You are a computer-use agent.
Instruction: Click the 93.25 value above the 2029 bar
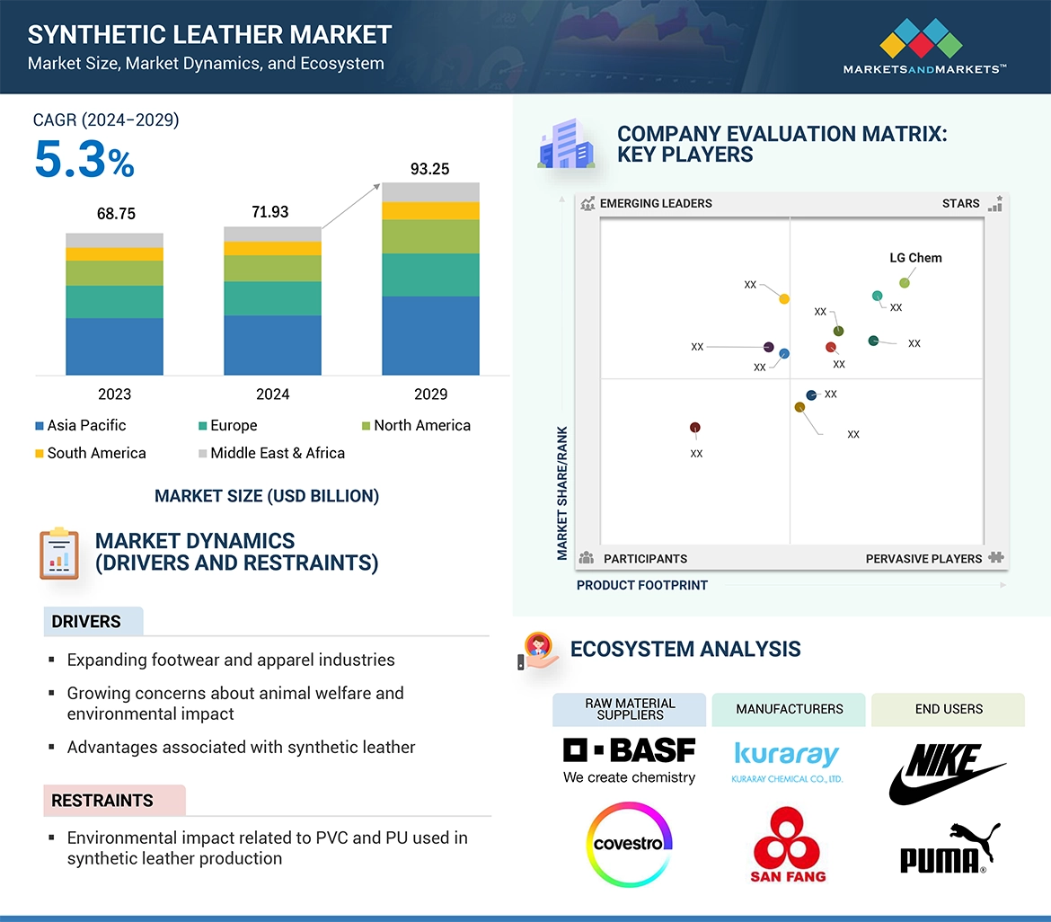coord(429,169)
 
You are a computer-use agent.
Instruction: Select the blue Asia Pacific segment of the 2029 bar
coord(430,335)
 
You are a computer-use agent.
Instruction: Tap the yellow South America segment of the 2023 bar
coord(114,254)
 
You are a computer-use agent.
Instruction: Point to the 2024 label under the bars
coord(272,394)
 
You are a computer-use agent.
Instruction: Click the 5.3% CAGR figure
coord(84,159)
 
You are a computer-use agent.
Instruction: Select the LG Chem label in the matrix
coord(915,258)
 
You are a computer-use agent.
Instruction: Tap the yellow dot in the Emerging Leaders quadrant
coord(784,298)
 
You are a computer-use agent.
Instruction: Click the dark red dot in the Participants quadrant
coord(694,428)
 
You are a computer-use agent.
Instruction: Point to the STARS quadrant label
coord(960,203)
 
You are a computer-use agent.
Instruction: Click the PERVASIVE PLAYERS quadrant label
coord(923,558)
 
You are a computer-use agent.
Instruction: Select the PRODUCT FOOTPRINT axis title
coord(641,585)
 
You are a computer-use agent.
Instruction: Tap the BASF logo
coord(629,760)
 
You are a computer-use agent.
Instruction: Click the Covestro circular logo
coord(628,844)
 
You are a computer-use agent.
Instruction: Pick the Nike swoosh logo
coord(945,773)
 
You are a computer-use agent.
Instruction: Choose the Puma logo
coord(949,848)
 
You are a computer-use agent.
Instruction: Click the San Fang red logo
coord(788,845)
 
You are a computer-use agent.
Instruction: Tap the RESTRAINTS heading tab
coord(102,800)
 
